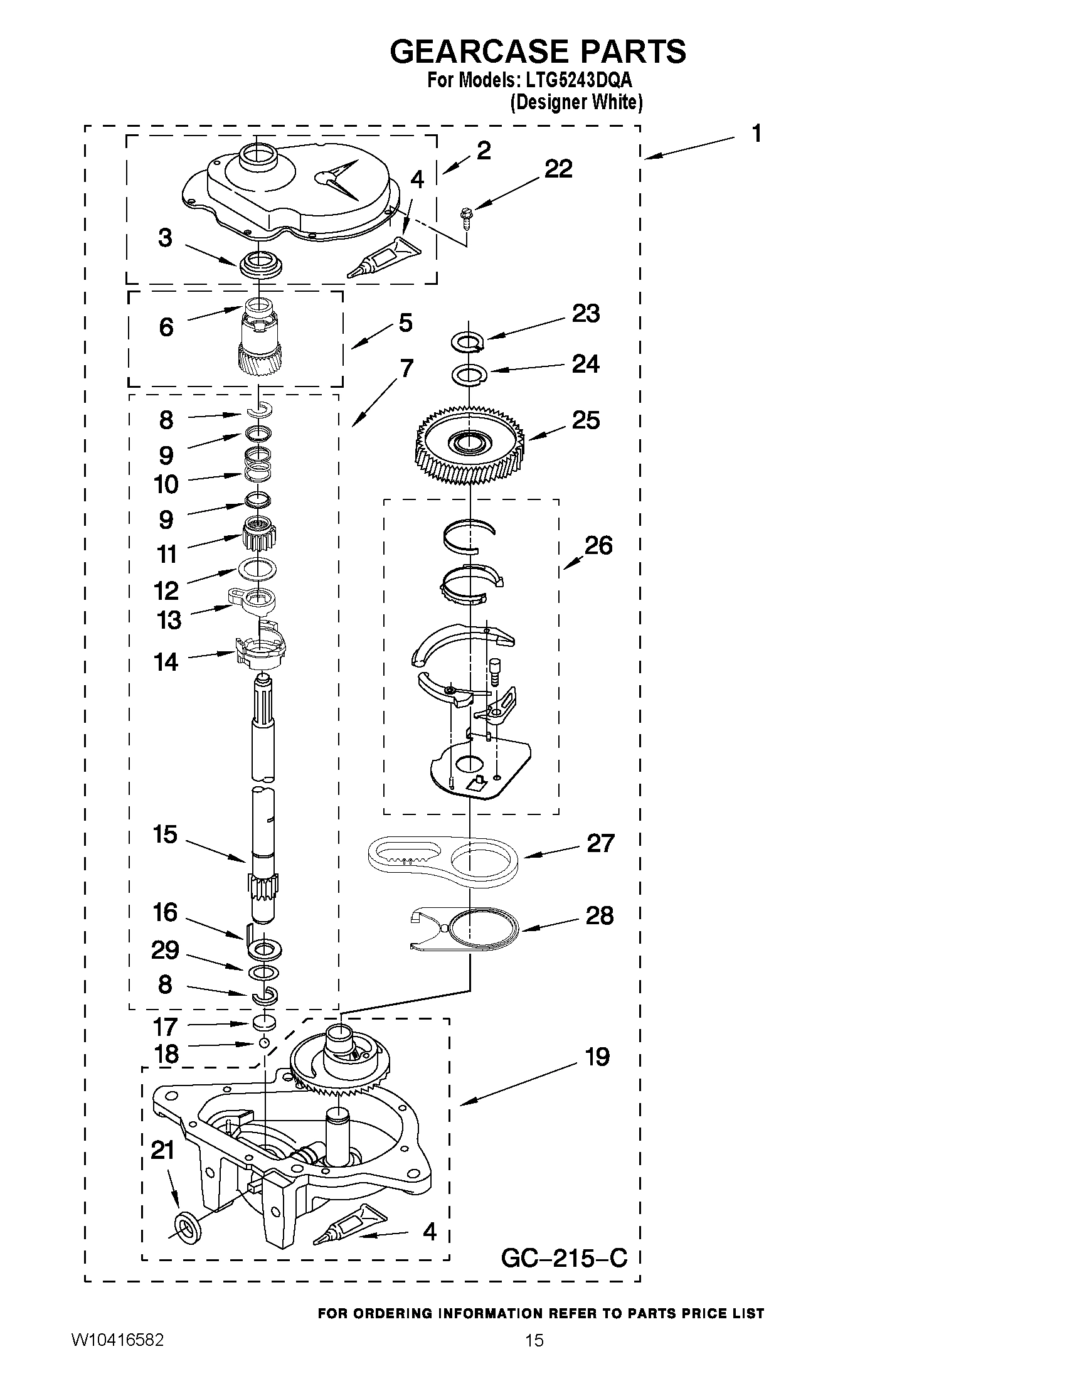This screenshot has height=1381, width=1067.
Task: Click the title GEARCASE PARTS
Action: pyautogui.click(x=538, y=51)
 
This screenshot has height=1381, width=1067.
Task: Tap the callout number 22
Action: pyautogui.click(x=558, y=169)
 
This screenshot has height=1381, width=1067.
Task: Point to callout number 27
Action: pyautogui.click(x=600, y=843)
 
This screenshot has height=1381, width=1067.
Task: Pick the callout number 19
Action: pyautogui.click(x=597, y=1057)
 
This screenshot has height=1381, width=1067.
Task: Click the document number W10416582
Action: pyautogui.click(x=117, y=1358)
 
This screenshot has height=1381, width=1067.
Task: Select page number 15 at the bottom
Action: pyautogui.click(x=534, y=1358)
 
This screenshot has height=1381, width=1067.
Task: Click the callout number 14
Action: pyautogui.click(x=166, y=662)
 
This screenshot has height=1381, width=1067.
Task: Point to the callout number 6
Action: pyautogui.click(x=166, y=327)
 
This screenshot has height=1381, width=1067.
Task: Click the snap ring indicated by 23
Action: pyautogui.click(x=469, y=342)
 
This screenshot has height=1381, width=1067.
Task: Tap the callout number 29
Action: pyautogui.click(x=165, y=950)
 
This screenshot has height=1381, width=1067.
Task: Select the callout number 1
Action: pyautogui.click(x=756, y=134)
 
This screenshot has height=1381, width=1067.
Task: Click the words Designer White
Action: pyautogui.click(x=576, y=102)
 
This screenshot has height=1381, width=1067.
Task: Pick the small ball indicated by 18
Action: pyautogui.click(x=264, y=1042)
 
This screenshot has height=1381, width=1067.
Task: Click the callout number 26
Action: pyautogui.click(x=598, y=545)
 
